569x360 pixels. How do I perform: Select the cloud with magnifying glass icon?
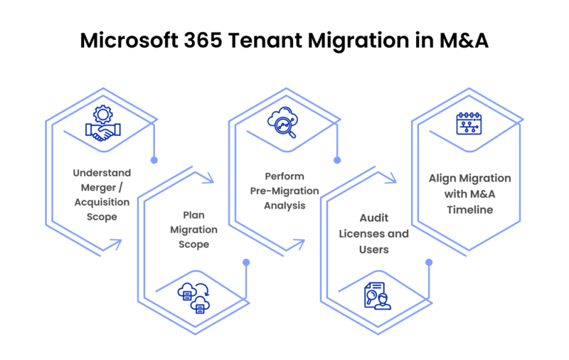284,123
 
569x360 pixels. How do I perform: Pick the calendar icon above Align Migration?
469,123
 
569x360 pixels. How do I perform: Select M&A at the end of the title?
463,41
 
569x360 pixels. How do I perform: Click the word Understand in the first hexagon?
102,173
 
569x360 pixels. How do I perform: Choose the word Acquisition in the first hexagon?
102,202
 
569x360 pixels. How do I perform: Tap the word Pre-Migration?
284,191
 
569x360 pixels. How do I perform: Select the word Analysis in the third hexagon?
284,206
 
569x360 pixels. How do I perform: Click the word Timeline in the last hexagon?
469,209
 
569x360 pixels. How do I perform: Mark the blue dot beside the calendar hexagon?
429,263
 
